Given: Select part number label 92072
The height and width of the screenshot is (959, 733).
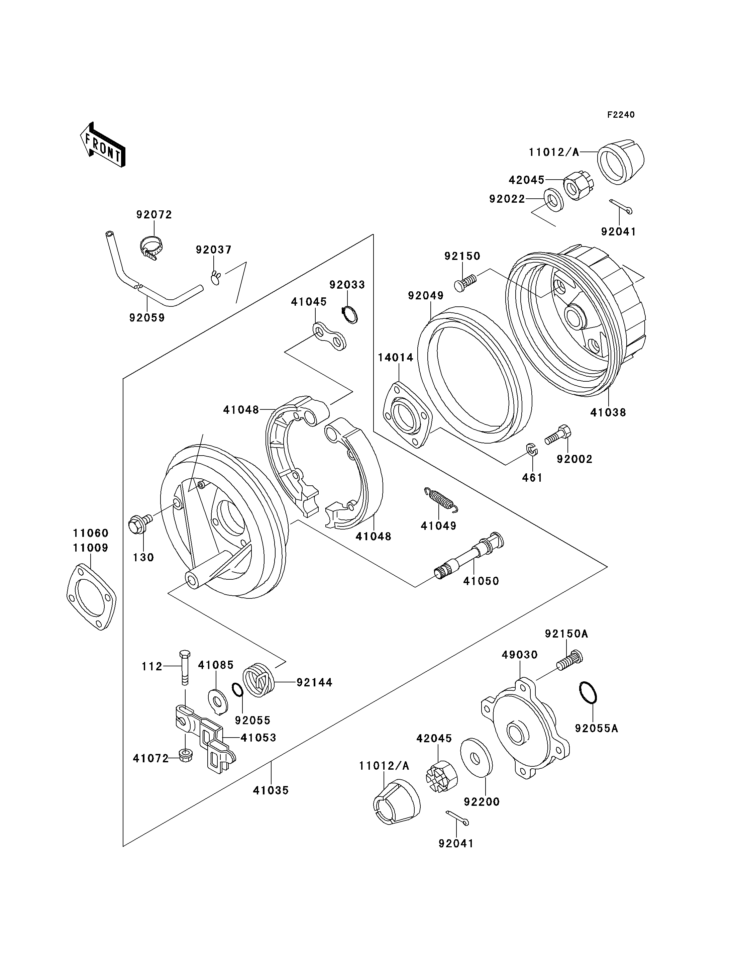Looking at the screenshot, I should pyautogui.click(x=154, y=214).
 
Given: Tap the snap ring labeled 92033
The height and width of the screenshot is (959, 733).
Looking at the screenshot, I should pyautogui.click(x=350, y=314).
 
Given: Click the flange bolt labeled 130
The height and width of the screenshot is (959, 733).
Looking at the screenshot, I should pyautogui.click(x=138, y=523).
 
